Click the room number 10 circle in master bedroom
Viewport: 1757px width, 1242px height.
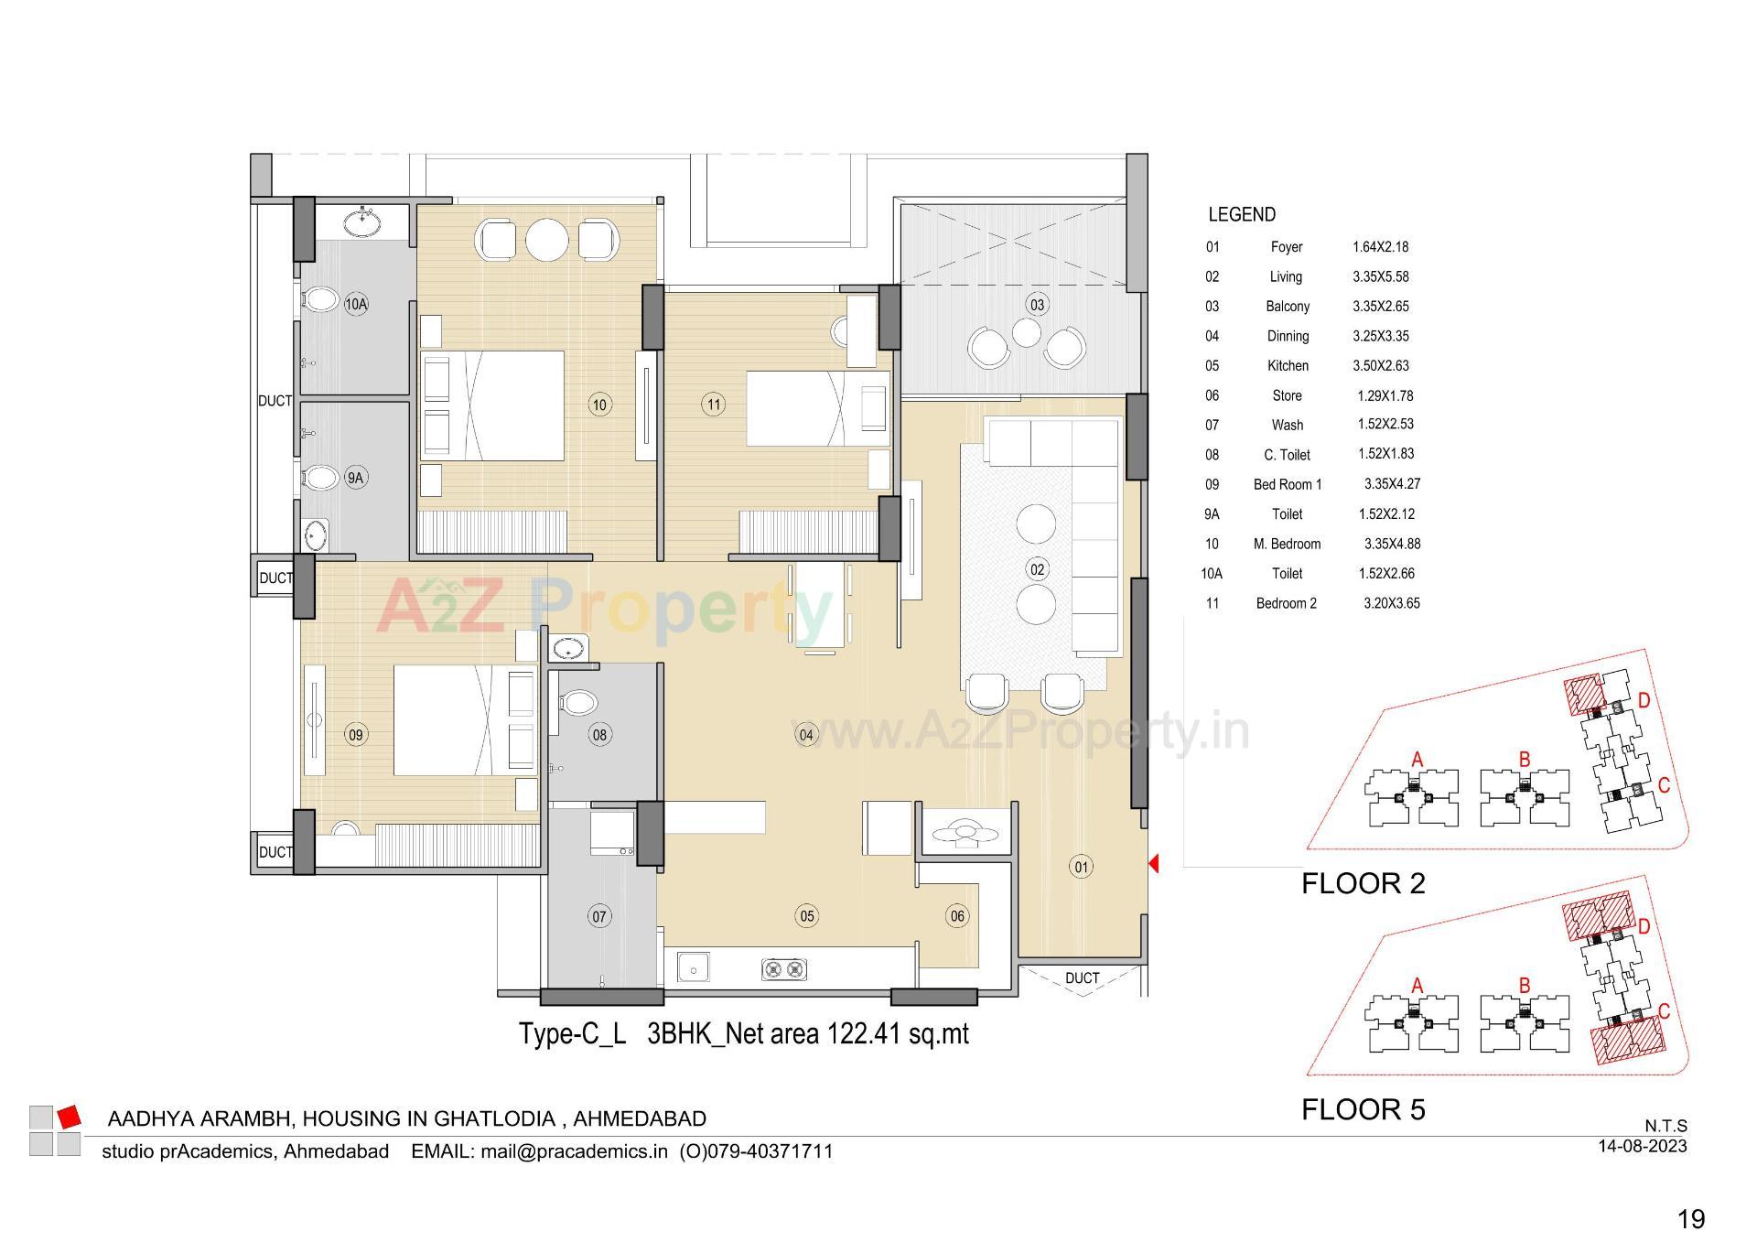tap(599, 405)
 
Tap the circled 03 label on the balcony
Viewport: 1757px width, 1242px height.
tap(1037, 305)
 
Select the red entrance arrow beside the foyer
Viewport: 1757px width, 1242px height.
tap(1154, 863)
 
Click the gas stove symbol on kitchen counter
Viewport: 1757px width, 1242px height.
tap(785, 967)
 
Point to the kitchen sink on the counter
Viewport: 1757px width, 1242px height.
tap(695, 967)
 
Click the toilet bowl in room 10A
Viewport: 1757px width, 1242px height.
tap(319, 299)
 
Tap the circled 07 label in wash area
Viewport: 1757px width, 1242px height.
tap(599, 916)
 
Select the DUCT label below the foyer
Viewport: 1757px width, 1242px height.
tap(1082, 978)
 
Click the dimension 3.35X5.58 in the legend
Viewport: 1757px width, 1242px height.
tap(1380, 276)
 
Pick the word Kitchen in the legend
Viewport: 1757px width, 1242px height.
tap(1288, 365)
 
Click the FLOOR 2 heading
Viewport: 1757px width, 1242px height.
tap(1363, 883)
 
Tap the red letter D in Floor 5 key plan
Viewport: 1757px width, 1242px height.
tap(1644, 926)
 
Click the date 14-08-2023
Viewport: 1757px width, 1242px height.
tap(1642, 1146)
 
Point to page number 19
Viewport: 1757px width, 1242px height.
tap(1691, 1219)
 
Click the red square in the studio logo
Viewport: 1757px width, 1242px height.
tap(70, 1117)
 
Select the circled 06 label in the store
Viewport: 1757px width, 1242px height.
tap(957, 916)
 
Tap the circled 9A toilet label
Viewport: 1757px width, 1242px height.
tap(355, 477)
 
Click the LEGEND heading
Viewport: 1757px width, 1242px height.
tap(1241, 214)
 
